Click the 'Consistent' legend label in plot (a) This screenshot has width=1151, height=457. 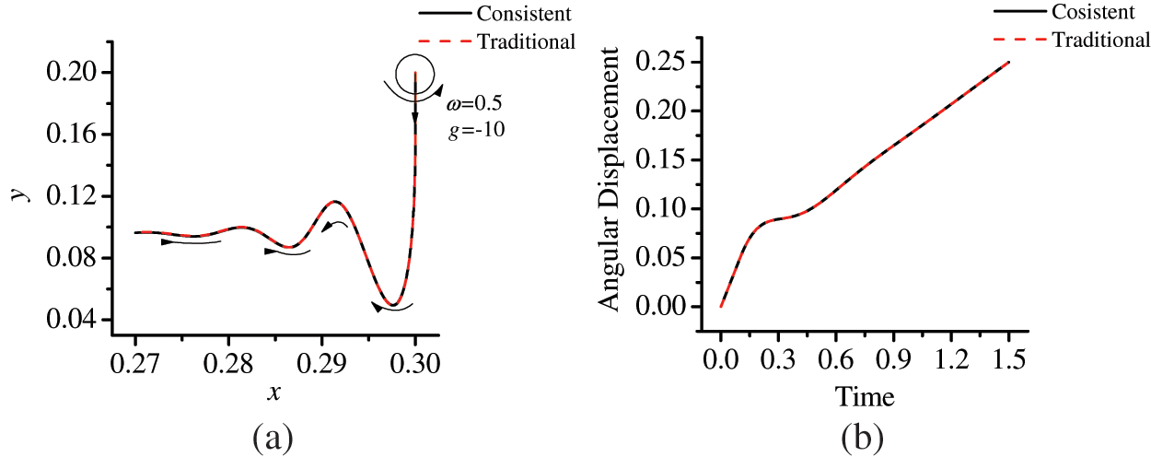point(523,14)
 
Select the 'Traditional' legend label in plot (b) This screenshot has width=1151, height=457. point(1101,40)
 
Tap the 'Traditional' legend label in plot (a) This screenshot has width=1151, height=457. point(527,41)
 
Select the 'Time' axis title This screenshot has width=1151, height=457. point(864,396)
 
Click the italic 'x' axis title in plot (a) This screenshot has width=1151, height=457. point(273,393)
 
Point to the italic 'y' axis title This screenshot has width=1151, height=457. point(19,196)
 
